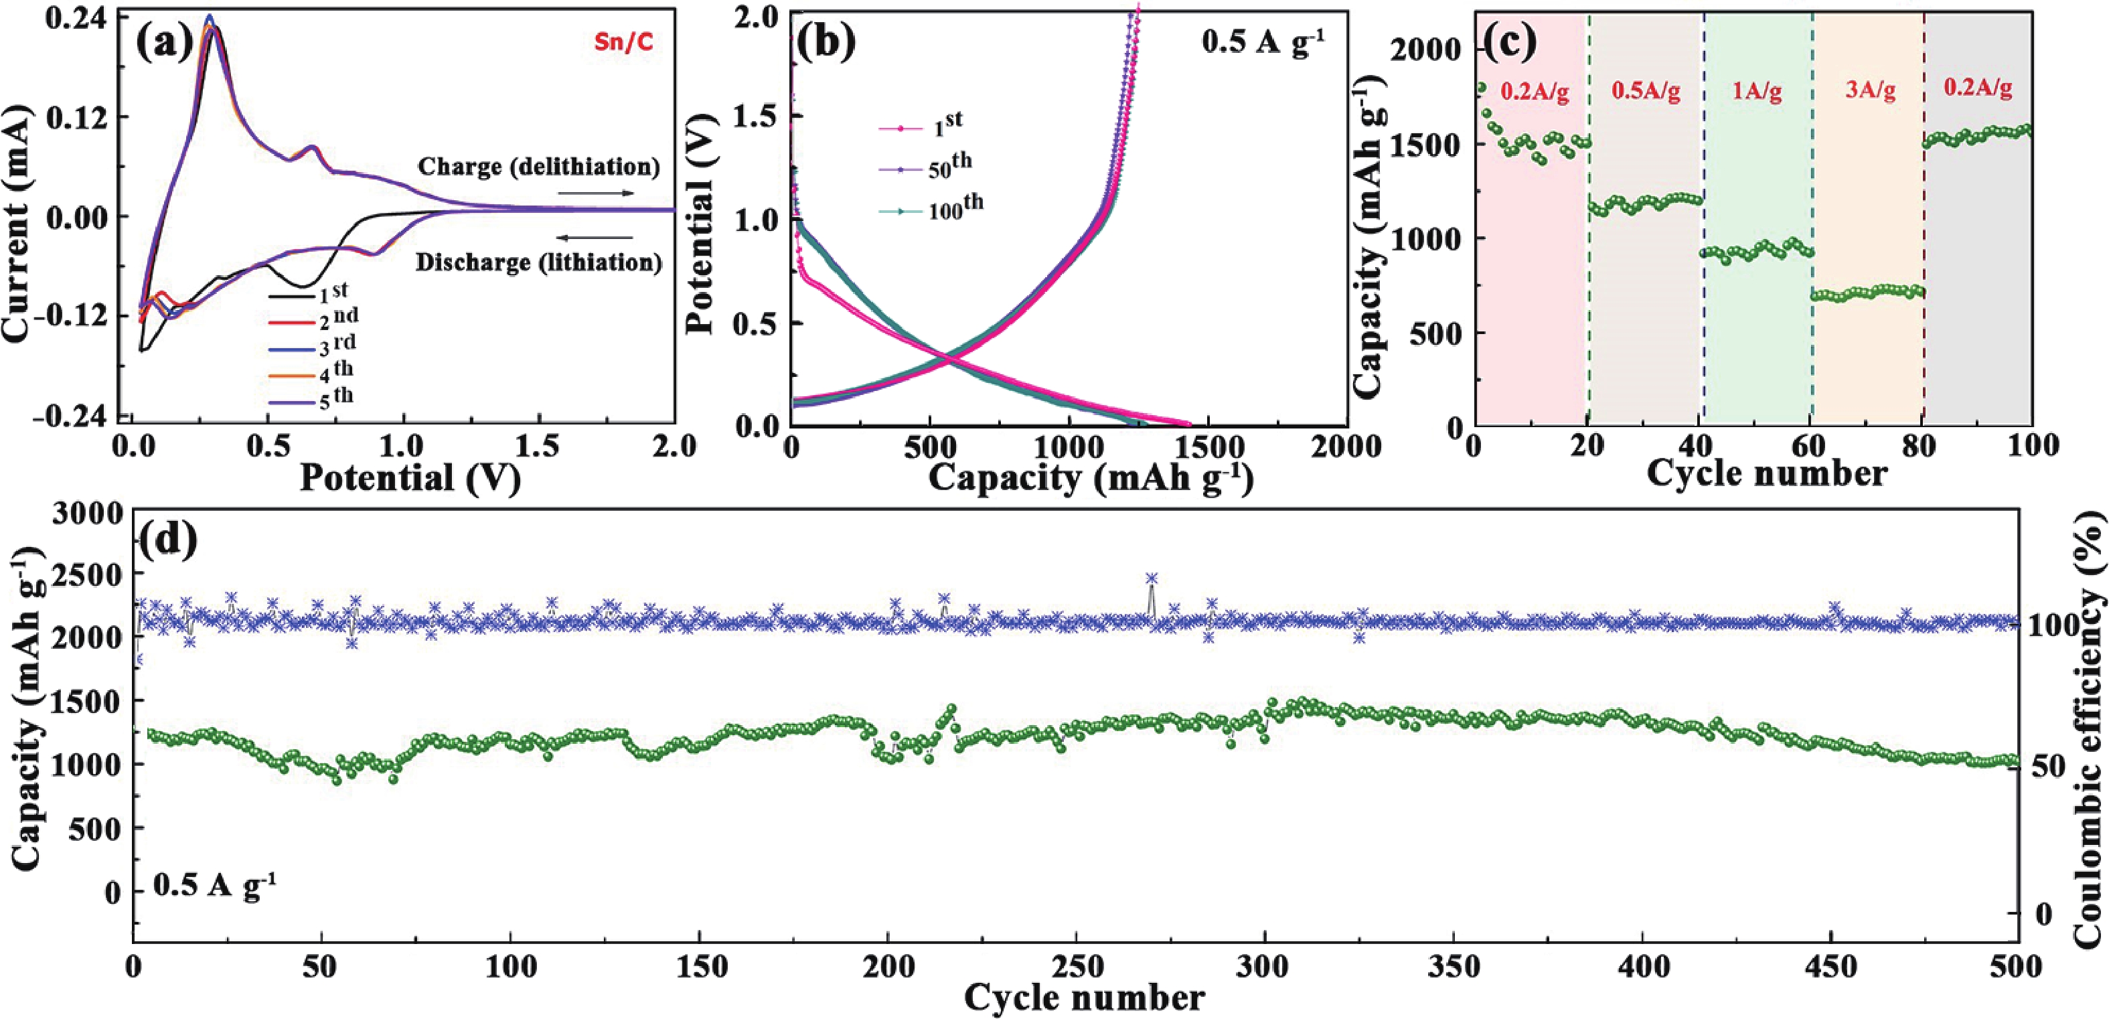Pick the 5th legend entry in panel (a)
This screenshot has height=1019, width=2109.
click(315, 400)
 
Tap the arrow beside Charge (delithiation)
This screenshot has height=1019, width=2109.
click(595, 193)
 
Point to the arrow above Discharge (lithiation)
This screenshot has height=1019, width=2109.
click(595, 238)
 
